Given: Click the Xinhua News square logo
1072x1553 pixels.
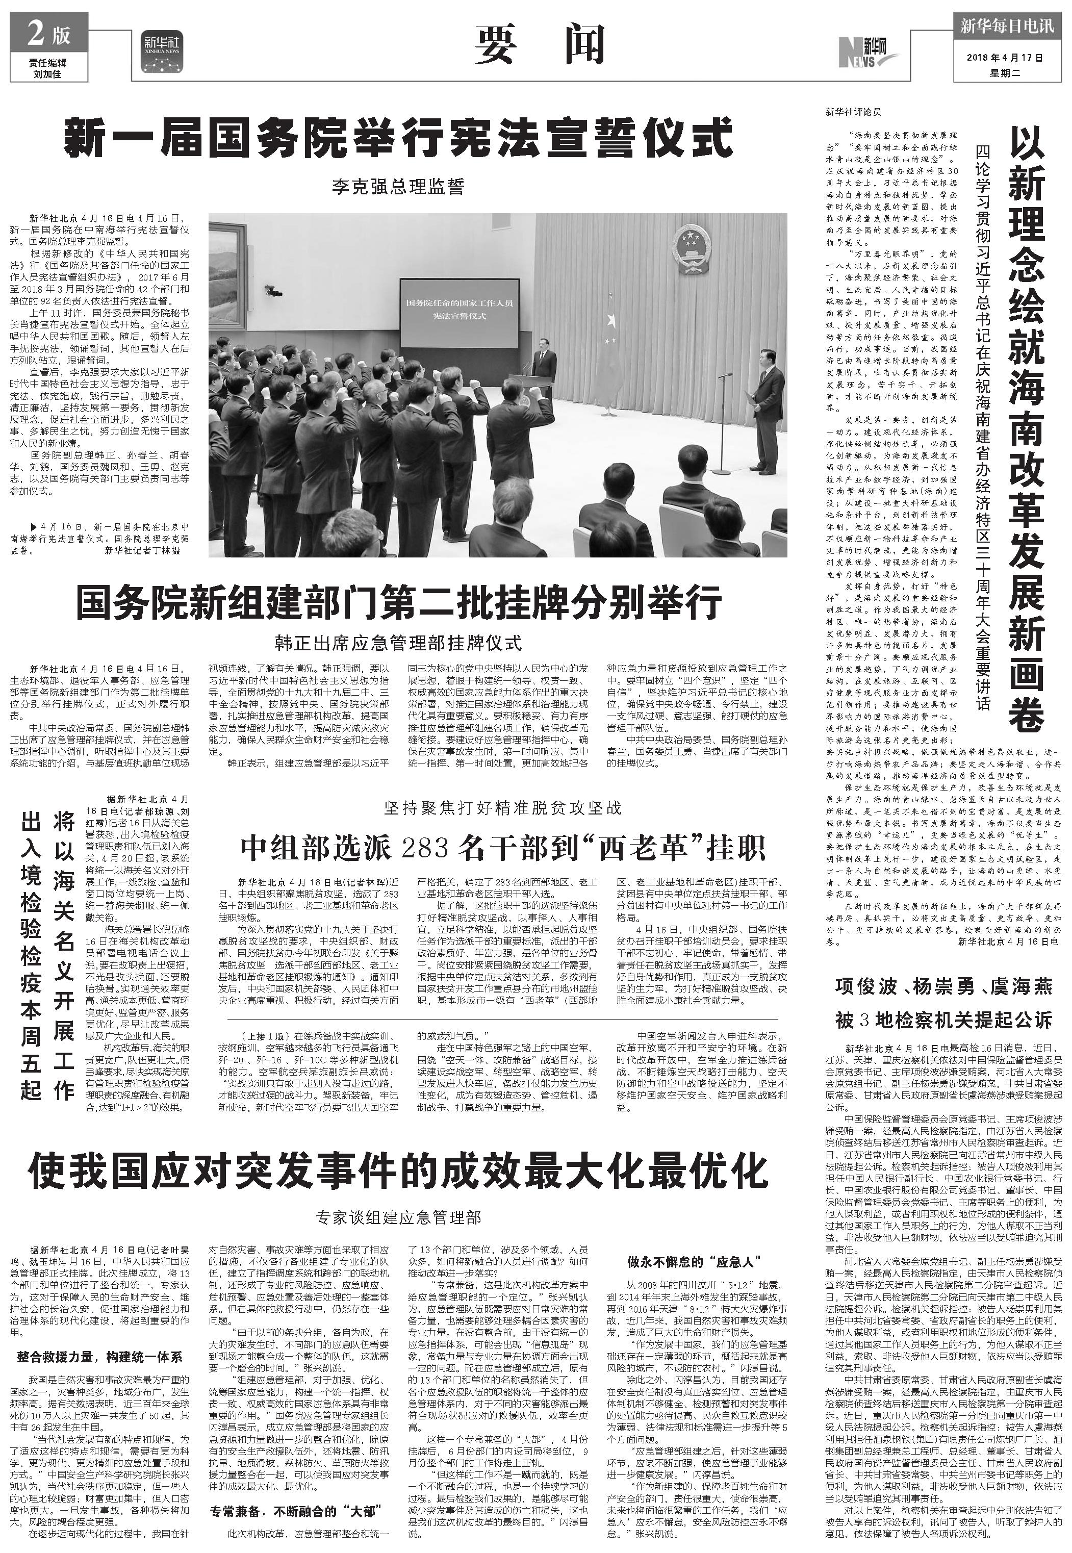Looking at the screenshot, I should [162, 50].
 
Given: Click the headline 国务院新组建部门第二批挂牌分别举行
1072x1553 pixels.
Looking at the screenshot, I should [398, 602].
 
